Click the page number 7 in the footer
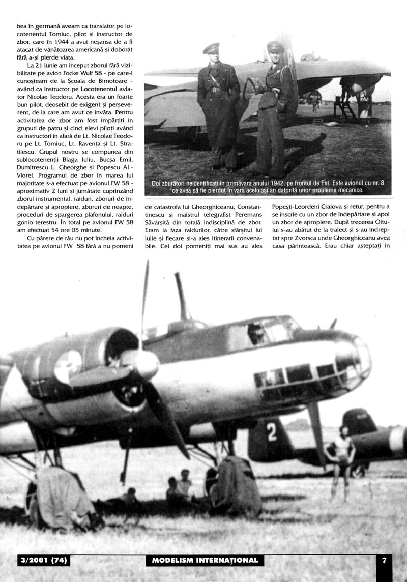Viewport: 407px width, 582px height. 385,560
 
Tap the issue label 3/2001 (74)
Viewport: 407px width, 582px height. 43,560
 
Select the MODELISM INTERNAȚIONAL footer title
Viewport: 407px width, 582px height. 205,560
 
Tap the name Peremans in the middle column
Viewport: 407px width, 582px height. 245,214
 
